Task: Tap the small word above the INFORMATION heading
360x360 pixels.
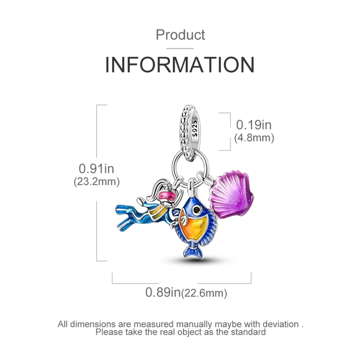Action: click(x=180, y=34)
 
